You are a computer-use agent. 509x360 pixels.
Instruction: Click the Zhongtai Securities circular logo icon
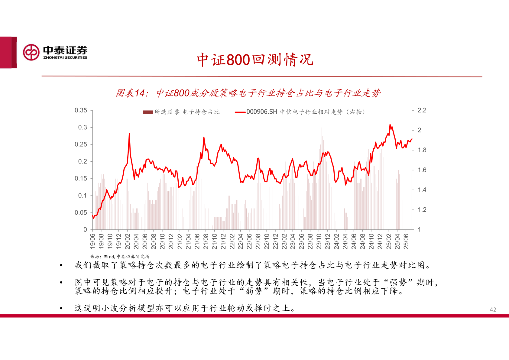31,52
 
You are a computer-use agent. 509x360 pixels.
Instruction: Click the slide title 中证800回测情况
255,60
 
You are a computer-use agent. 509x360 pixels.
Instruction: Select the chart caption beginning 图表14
248,93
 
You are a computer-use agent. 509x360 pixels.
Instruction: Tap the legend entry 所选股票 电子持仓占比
181,112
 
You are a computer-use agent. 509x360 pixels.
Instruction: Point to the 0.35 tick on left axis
81,110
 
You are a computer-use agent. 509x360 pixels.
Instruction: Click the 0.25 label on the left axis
81,144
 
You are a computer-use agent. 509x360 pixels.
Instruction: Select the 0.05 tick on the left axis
81,213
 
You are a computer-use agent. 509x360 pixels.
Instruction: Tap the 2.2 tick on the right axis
422,110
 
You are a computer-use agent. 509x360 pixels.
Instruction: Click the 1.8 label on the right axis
422,150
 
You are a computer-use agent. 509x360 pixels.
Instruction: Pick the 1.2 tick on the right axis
422,210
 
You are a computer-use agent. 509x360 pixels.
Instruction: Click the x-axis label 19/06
92,241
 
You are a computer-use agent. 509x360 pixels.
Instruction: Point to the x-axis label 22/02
232,241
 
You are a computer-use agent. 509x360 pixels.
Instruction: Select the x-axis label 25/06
406,241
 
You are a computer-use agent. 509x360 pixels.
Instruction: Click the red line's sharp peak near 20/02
129,134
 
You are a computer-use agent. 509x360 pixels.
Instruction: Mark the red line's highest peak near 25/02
390,125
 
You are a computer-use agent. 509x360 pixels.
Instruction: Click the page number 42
493,310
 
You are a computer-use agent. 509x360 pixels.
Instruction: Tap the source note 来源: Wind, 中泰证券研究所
120,257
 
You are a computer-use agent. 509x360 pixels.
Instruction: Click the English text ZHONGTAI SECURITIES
65,57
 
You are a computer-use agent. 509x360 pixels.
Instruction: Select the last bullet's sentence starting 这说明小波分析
185,308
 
